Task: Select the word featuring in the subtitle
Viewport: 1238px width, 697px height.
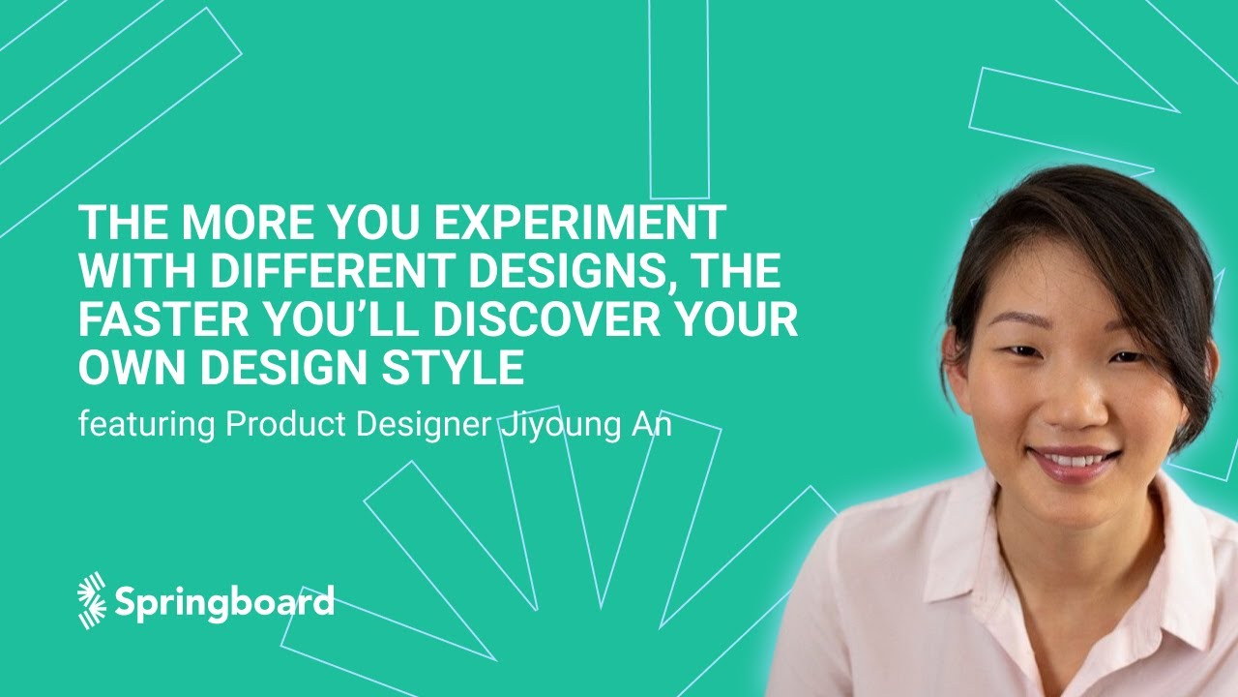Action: pyautogui.click(x=146, y=426)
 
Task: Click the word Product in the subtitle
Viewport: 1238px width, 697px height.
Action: pyautogui.click(x=285, y=426)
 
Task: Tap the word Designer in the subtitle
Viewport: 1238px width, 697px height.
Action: pyautogui.click(x=422, y=426)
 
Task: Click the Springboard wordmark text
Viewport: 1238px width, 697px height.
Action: pyautogui.click(x=224, y=601)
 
